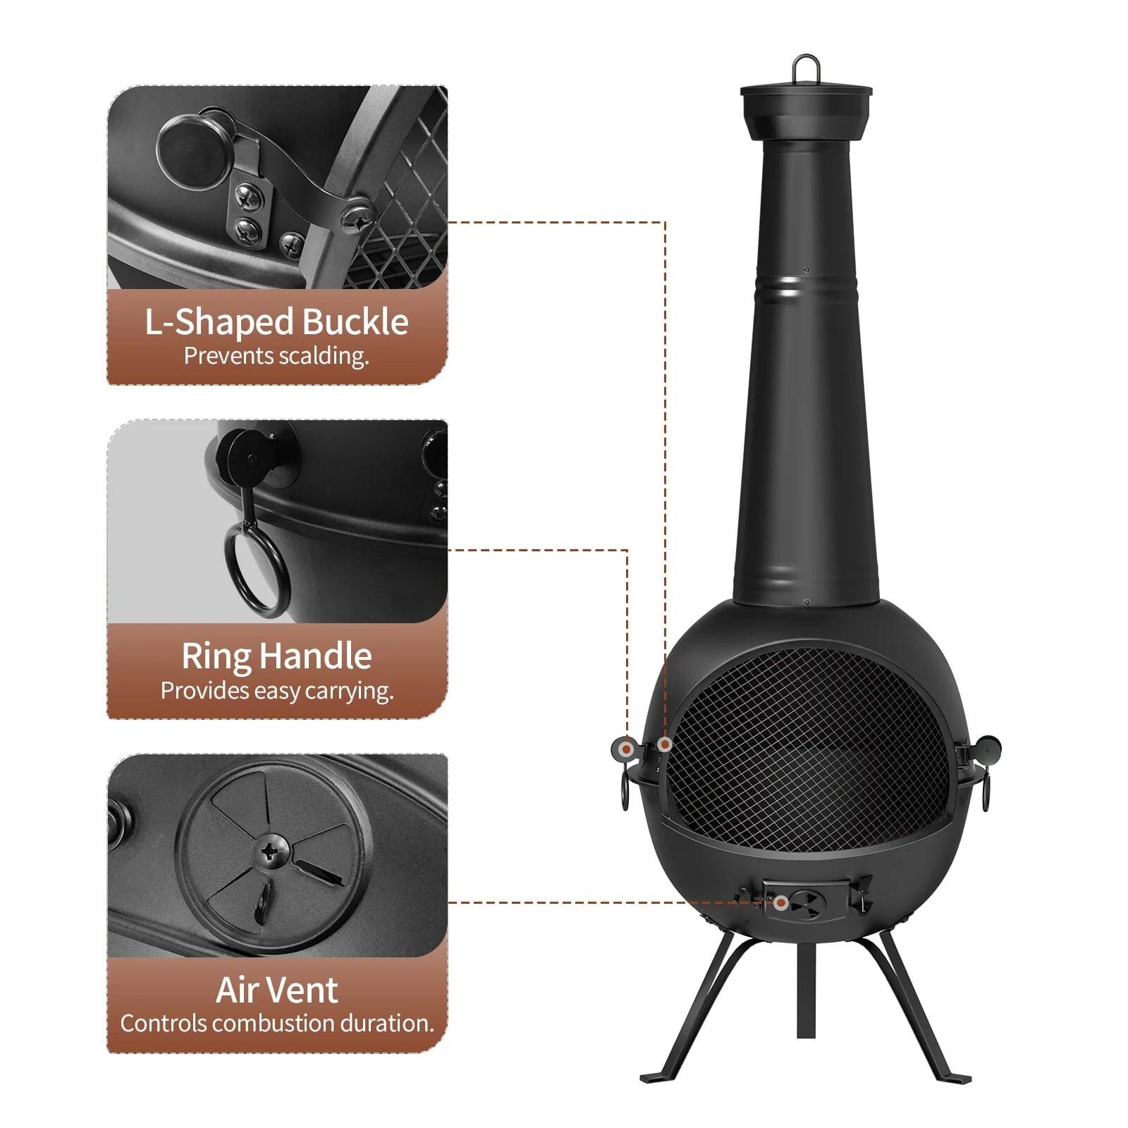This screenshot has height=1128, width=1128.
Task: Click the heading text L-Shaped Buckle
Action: tap(276, 321)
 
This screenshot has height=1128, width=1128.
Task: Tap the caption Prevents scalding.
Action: tap(276, 356)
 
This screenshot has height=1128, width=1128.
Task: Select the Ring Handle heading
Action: tap(276, 656)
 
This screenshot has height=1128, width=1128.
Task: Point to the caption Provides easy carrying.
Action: tap(276, 690)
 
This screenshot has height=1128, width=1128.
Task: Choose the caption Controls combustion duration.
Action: tap(276, 1023)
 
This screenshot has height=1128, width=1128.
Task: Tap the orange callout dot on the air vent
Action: tap(780, 902)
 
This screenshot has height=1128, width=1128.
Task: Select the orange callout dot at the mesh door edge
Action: tap(663, 744)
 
